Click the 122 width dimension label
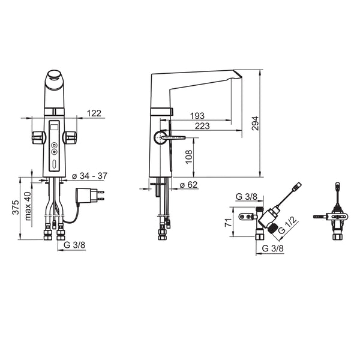(94, 113)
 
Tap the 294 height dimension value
(255, 124)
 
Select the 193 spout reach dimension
(197, 116)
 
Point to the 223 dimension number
(202, 126)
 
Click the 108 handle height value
(189, 157)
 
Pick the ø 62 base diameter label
(188, 185)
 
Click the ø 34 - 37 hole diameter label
(89, 176)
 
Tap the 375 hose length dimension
(16, 208)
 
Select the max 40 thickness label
(28, 206)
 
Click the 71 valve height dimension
(228, 223)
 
